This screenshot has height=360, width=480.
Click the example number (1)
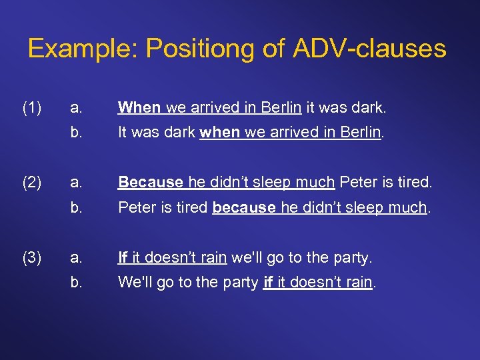pyautogui.click(x=32, y=107)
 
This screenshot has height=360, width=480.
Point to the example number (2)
pyautogui.click(x=32, y=181)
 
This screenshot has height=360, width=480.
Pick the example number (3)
pyautogui.click(x=32, y=257)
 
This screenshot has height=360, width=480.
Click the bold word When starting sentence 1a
pyautogui.click(x=139, y=107)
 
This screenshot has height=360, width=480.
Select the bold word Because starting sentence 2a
pyautogui.click(x=151, y=181)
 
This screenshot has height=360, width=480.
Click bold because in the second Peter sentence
pyautogui.click(x=243, y=207)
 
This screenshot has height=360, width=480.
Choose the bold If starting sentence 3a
pyautogui.click(x=123, y=257)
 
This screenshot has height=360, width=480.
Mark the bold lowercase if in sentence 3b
pyautogui.click(x=269, y=282)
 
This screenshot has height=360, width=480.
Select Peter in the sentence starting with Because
pyautogui.click(x=357, y=181)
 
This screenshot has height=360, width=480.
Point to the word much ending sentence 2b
pyautogui.click(x=408, y=207)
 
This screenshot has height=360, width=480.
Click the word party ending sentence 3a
pyautogui.click(x=351, y=257)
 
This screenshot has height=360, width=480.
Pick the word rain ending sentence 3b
pyautogui.click(x=359, y=282)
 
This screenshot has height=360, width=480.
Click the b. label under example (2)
pyautogui.click(x=77, y=207)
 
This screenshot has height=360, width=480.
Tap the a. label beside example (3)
pyautogui.click(x=77, y=257)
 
